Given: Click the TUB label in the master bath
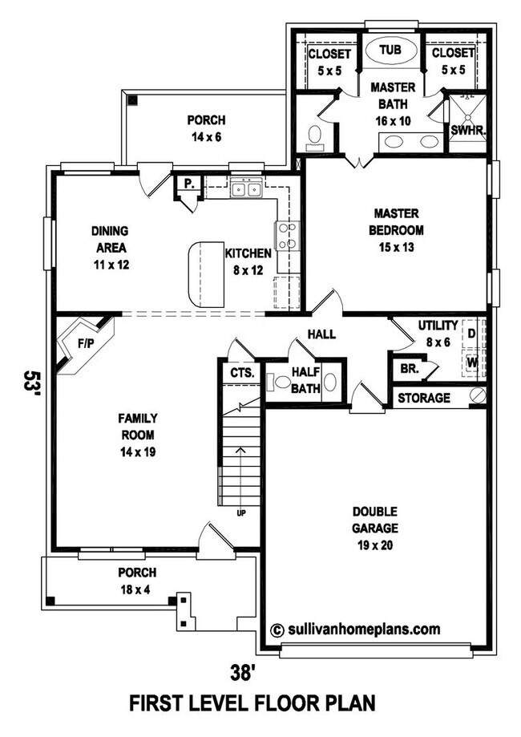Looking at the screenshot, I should click(390, 50).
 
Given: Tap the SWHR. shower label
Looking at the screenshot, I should click(464, 129).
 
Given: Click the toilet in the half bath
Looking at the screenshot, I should click(278, 383).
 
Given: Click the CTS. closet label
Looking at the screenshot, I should click(241, 373).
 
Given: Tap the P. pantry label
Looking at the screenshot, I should click(188, 183).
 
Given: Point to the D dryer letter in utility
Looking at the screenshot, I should click(472, 332).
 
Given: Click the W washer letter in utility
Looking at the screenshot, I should click(472, 362).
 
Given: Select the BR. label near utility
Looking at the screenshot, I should click(409, 370).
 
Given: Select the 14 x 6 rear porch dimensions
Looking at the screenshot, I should click(206, 137).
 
